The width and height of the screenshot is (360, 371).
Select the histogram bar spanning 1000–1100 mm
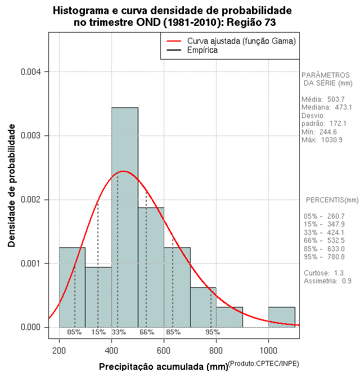281,317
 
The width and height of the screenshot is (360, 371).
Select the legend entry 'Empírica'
202,51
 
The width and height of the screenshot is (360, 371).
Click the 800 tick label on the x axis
216,351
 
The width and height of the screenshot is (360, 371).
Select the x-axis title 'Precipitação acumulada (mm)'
164,367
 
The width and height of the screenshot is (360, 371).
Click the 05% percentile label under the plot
74,332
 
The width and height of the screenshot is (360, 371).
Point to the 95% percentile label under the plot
213,332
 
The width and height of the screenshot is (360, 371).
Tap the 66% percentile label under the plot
147,332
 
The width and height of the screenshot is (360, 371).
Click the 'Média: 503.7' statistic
323,99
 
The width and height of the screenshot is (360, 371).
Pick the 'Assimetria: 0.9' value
327,281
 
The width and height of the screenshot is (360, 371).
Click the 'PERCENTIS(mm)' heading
332,200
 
